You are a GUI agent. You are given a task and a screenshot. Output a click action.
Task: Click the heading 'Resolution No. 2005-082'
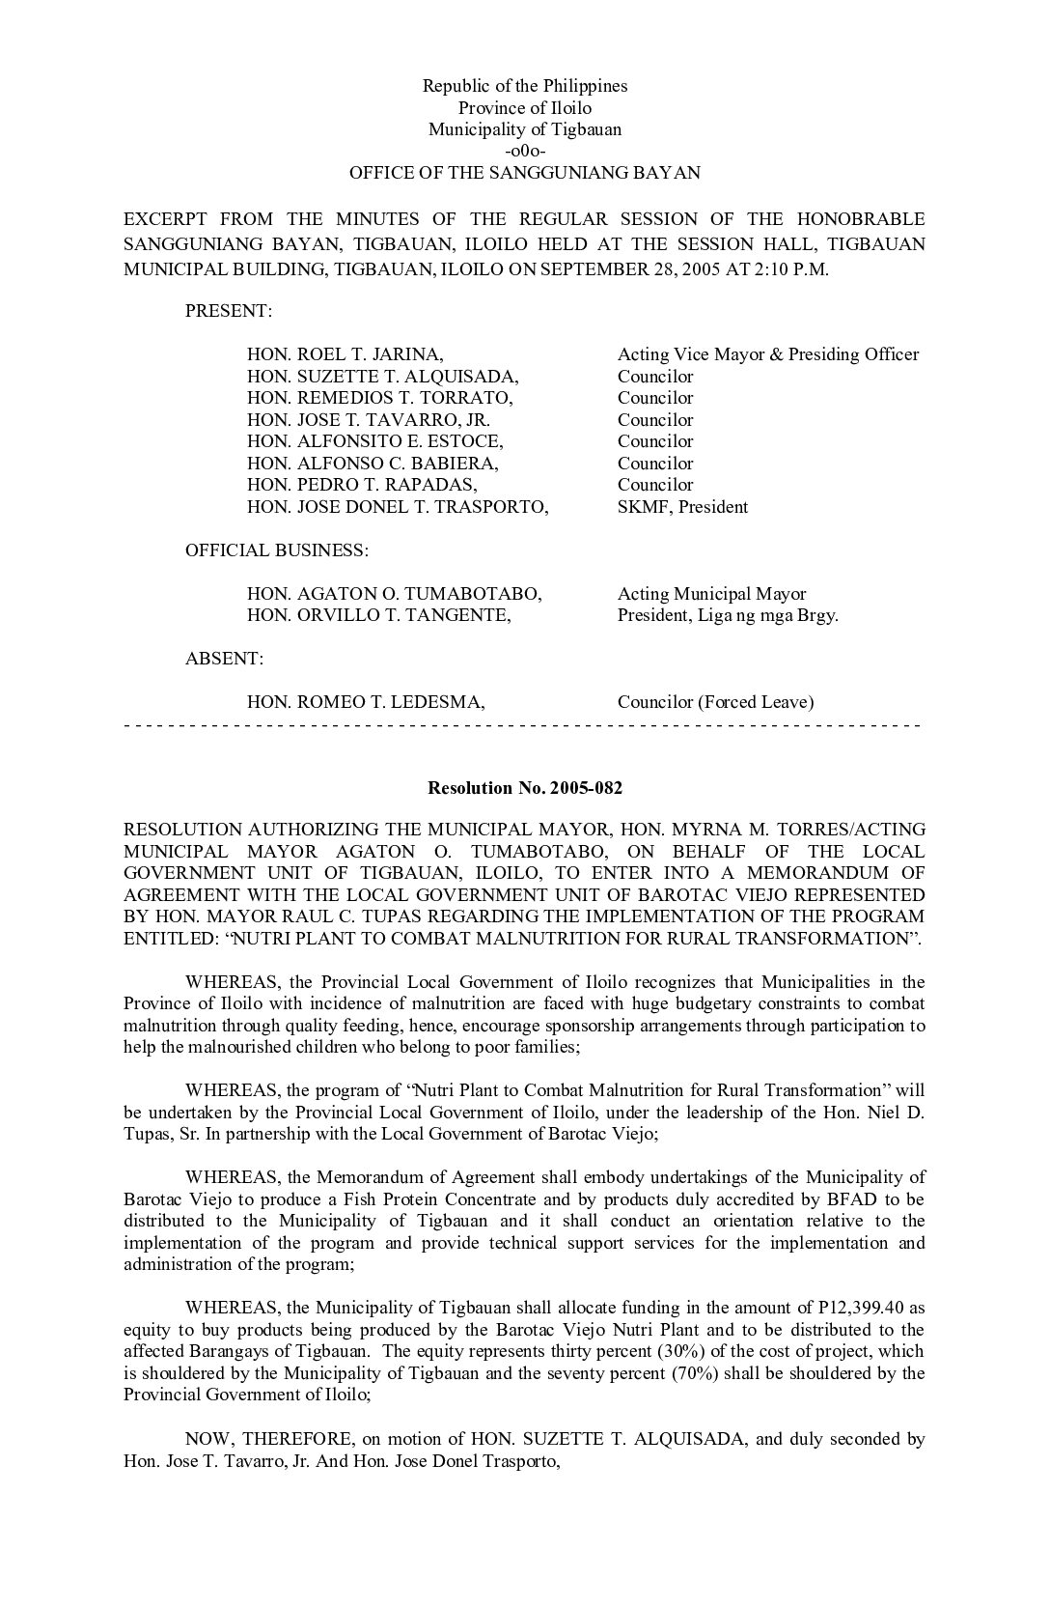tap(524, 788)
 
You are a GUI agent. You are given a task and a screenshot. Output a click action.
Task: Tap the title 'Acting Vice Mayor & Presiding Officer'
tap(767, 354)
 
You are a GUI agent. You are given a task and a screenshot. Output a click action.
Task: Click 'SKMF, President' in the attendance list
tap(682, 507)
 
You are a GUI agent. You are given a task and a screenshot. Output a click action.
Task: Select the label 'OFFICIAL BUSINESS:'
tap(276, 550)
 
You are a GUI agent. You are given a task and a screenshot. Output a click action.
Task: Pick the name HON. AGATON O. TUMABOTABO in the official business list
tap(394, 594)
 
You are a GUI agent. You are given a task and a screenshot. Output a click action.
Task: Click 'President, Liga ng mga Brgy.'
tap(728, 615)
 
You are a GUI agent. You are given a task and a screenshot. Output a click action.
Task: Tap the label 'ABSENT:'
tap(224, 659)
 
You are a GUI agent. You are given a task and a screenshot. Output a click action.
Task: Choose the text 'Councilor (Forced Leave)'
tap(715, 702)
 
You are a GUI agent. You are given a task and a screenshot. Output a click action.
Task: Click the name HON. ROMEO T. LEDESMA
tap(366, 702)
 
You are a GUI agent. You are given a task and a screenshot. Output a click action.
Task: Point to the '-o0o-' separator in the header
tap(524, 152)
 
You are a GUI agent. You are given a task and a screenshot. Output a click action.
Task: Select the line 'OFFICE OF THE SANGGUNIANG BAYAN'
tap(524, 174)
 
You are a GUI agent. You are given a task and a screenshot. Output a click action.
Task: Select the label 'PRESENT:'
tap(229, 311)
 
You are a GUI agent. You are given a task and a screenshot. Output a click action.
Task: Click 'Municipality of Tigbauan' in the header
tap(524, 129)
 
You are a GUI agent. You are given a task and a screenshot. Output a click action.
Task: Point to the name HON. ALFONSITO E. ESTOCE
tap(374, 441)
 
